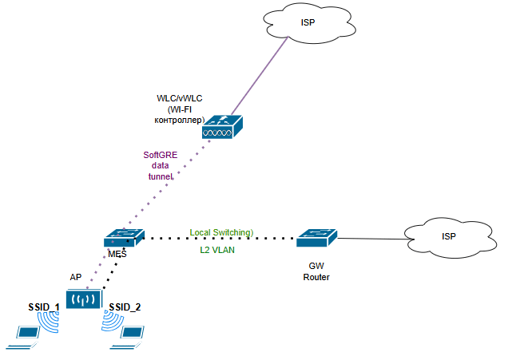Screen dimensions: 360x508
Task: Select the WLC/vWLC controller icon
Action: pos(222,127)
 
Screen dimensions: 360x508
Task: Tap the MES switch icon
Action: pos(124,237)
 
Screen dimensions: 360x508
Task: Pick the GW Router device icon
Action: pos(316,236)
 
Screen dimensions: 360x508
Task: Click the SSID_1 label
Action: pos(40,307)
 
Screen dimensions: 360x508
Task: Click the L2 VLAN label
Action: pos(217,250)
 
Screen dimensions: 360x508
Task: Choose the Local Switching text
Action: pos(221,232)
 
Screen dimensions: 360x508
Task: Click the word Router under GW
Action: pos(316,277)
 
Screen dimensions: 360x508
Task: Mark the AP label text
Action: pos(76,276)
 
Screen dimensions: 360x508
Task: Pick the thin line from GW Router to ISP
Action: pos(371,237)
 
